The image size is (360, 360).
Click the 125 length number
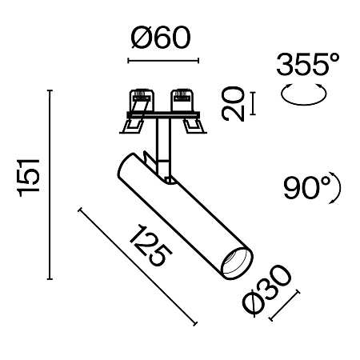tap(150, 246)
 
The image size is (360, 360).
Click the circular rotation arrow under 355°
tap(305, 94)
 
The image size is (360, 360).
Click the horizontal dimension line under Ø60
tap(162, 59)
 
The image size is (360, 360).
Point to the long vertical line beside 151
tap(51, 186)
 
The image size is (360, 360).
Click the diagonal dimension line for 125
tap(138, 266)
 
